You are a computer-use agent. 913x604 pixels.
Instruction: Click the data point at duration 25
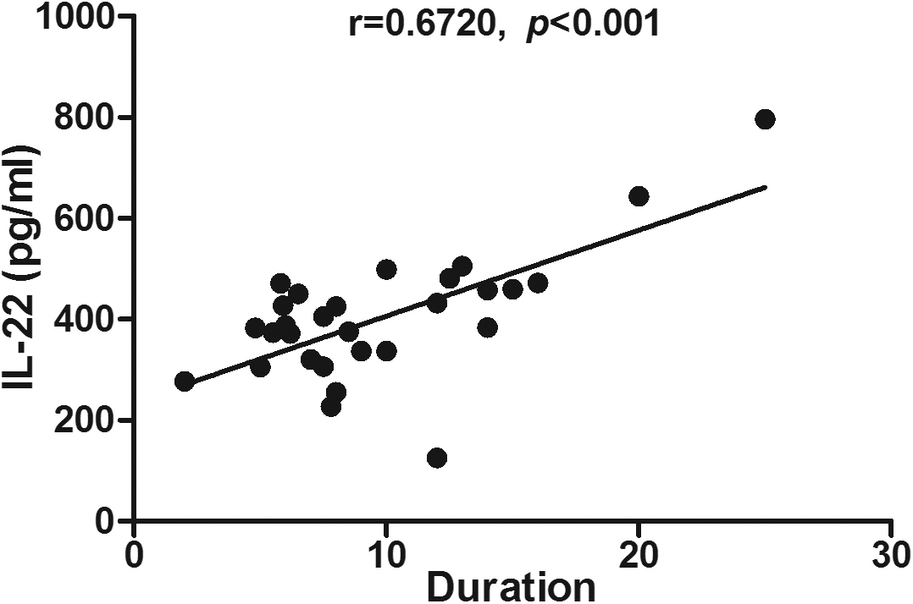pyautogui.click(x=765, y=119)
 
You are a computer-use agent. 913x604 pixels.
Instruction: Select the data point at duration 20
pyautogui.click(x=639, y=196)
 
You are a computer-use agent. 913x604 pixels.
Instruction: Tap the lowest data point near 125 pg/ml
pyautogui.click(x=437, y=458)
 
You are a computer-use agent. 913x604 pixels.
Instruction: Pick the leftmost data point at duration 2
pyautogui.click(x=185, y=382)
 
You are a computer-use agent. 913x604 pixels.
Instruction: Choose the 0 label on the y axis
pyautogui.click(x=106, y=521)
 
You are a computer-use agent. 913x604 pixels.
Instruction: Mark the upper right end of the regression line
pyautogui.click(x=765, y=187)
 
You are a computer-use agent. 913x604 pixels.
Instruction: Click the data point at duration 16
pyautogui.click(x=537, y=283)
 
